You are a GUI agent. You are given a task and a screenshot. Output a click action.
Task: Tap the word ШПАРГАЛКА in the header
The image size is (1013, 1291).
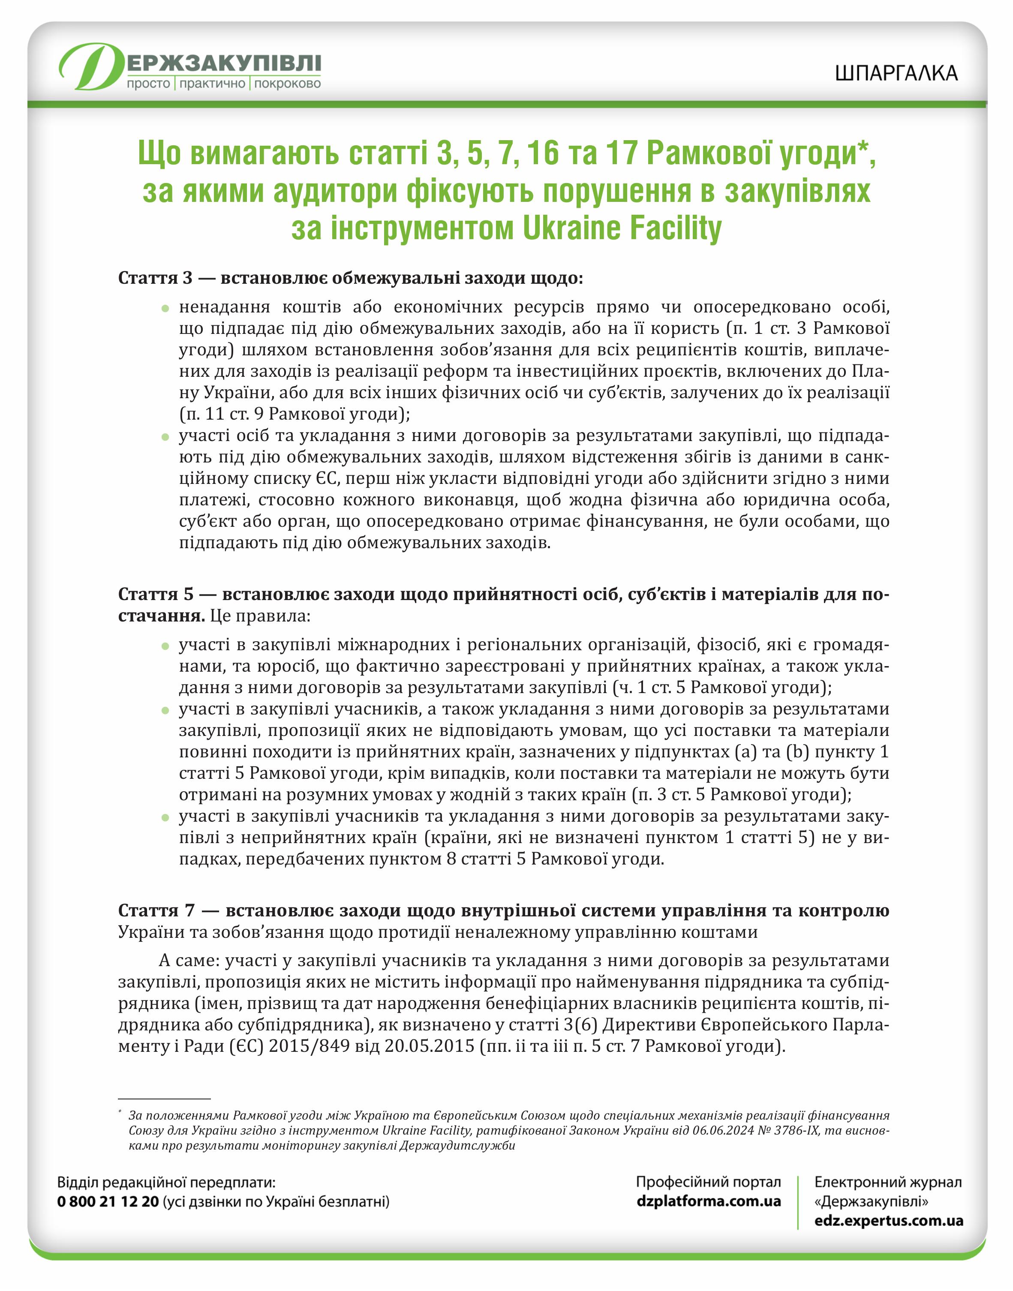(896, 73)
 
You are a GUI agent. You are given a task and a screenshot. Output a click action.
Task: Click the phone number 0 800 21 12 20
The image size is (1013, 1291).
(108, 1201)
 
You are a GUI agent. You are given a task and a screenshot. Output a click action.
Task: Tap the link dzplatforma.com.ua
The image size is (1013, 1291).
(708, 1201)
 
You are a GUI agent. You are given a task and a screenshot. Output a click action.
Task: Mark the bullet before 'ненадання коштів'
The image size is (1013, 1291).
(165, 308)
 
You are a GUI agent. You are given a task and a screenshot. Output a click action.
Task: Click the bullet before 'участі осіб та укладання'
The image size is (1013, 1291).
(165, 437)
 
